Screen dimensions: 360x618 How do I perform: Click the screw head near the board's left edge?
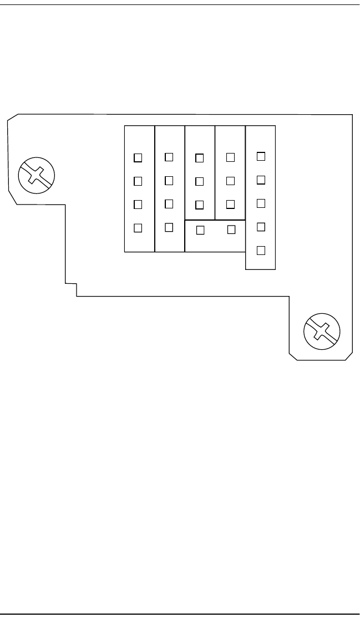(x=36, y=175)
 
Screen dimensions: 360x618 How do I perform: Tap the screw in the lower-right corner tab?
(x=322, y=331)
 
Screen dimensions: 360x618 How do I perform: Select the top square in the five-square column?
(x=262, y=156)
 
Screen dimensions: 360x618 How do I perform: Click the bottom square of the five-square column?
(x=262, y=250)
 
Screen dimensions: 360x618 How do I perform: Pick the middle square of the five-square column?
(x=262, y=203)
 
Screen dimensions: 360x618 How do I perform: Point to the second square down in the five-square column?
(x=262, y=180)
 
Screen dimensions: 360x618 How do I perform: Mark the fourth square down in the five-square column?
(x=262, y=227)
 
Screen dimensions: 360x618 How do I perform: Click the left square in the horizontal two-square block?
(x=201, y=229)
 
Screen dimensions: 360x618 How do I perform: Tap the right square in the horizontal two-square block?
(x=232, y=228)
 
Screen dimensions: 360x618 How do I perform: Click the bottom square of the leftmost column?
(x=138, y=227)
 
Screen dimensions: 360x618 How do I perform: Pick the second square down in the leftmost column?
(x=138, y=181)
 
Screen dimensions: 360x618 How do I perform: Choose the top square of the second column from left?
(x=169, y=157)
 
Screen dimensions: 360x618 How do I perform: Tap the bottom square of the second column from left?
(x=169, y=227)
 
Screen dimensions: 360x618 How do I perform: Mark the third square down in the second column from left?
(x=169, y=203)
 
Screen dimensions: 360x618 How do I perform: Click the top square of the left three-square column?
(x=200, y=158)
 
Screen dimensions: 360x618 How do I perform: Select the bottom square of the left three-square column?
(x=200, y=205)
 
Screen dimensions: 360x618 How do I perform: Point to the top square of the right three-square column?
(x=231, y=157)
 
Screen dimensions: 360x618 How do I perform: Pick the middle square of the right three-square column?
(x=231, y=181)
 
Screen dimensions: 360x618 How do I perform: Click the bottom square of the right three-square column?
(x=231, y=204)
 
